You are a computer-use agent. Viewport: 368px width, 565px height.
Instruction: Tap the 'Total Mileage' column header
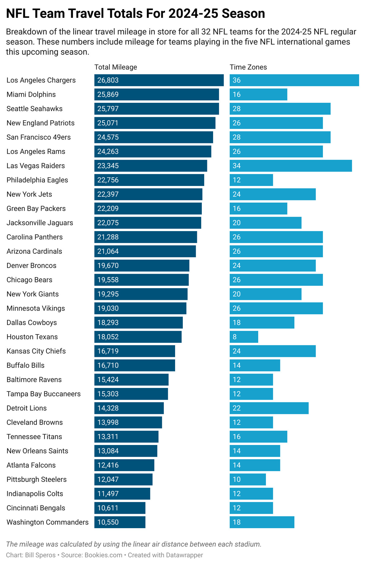(x=116, y=67)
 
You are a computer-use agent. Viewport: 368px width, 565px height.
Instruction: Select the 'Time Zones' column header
(x=248, y=67)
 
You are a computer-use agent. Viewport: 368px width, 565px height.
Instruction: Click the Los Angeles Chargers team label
(x=41, y=80)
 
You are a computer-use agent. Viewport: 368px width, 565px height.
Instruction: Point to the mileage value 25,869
(x=108, y=95)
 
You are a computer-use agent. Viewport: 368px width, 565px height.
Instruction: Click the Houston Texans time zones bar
(x=244, y=337)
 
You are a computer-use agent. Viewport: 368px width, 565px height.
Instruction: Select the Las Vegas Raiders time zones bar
(x=291, y=166)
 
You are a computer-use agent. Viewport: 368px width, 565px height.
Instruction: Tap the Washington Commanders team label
(x=48, y=522)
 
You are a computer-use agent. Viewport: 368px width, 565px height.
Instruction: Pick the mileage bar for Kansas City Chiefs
(x=135, y=351)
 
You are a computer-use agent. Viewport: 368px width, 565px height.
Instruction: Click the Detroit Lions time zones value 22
(x=237, y=408)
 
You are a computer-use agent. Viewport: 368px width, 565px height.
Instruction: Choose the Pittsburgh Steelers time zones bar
(x=248, y=479)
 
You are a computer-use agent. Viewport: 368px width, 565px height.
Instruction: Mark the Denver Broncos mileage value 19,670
(x=108, y=265)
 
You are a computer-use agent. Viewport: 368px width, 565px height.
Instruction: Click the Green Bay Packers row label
(x=36, y=209)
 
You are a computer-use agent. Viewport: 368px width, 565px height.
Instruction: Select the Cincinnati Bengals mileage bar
(x=120, y=508)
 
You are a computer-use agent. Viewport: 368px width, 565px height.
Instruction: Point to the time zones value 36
(x=237, y=80)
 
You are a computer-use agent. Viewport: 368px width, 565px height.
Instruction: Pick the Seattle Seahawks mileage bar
(x=157, y=109)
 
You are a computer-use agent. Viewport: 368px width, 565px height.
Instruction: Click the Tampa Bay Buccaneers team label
(x=44, y=394)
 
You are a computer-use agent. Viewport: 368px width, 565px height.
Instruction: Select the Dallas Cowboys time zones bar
(x=262, y=323)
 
